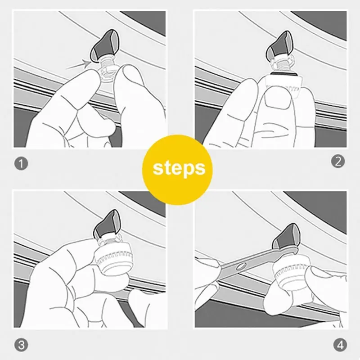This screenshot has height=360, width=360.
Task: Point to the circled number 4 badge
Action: coord(339,345)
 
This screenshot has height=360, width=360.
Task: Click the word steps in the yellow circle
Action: coord(179,168)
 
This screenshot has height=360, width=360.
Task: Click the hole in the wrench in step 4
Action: coord(243,266)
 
